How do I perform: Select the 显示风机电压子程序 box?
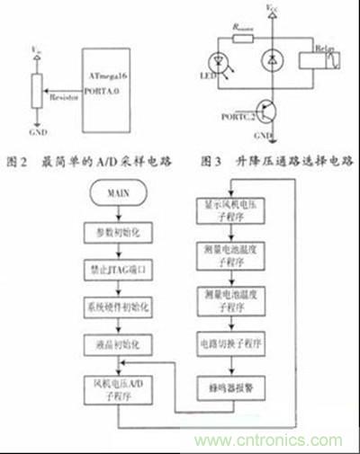[x=233, y=209]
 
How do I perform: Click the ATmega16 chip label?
[x=106, y=55]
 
